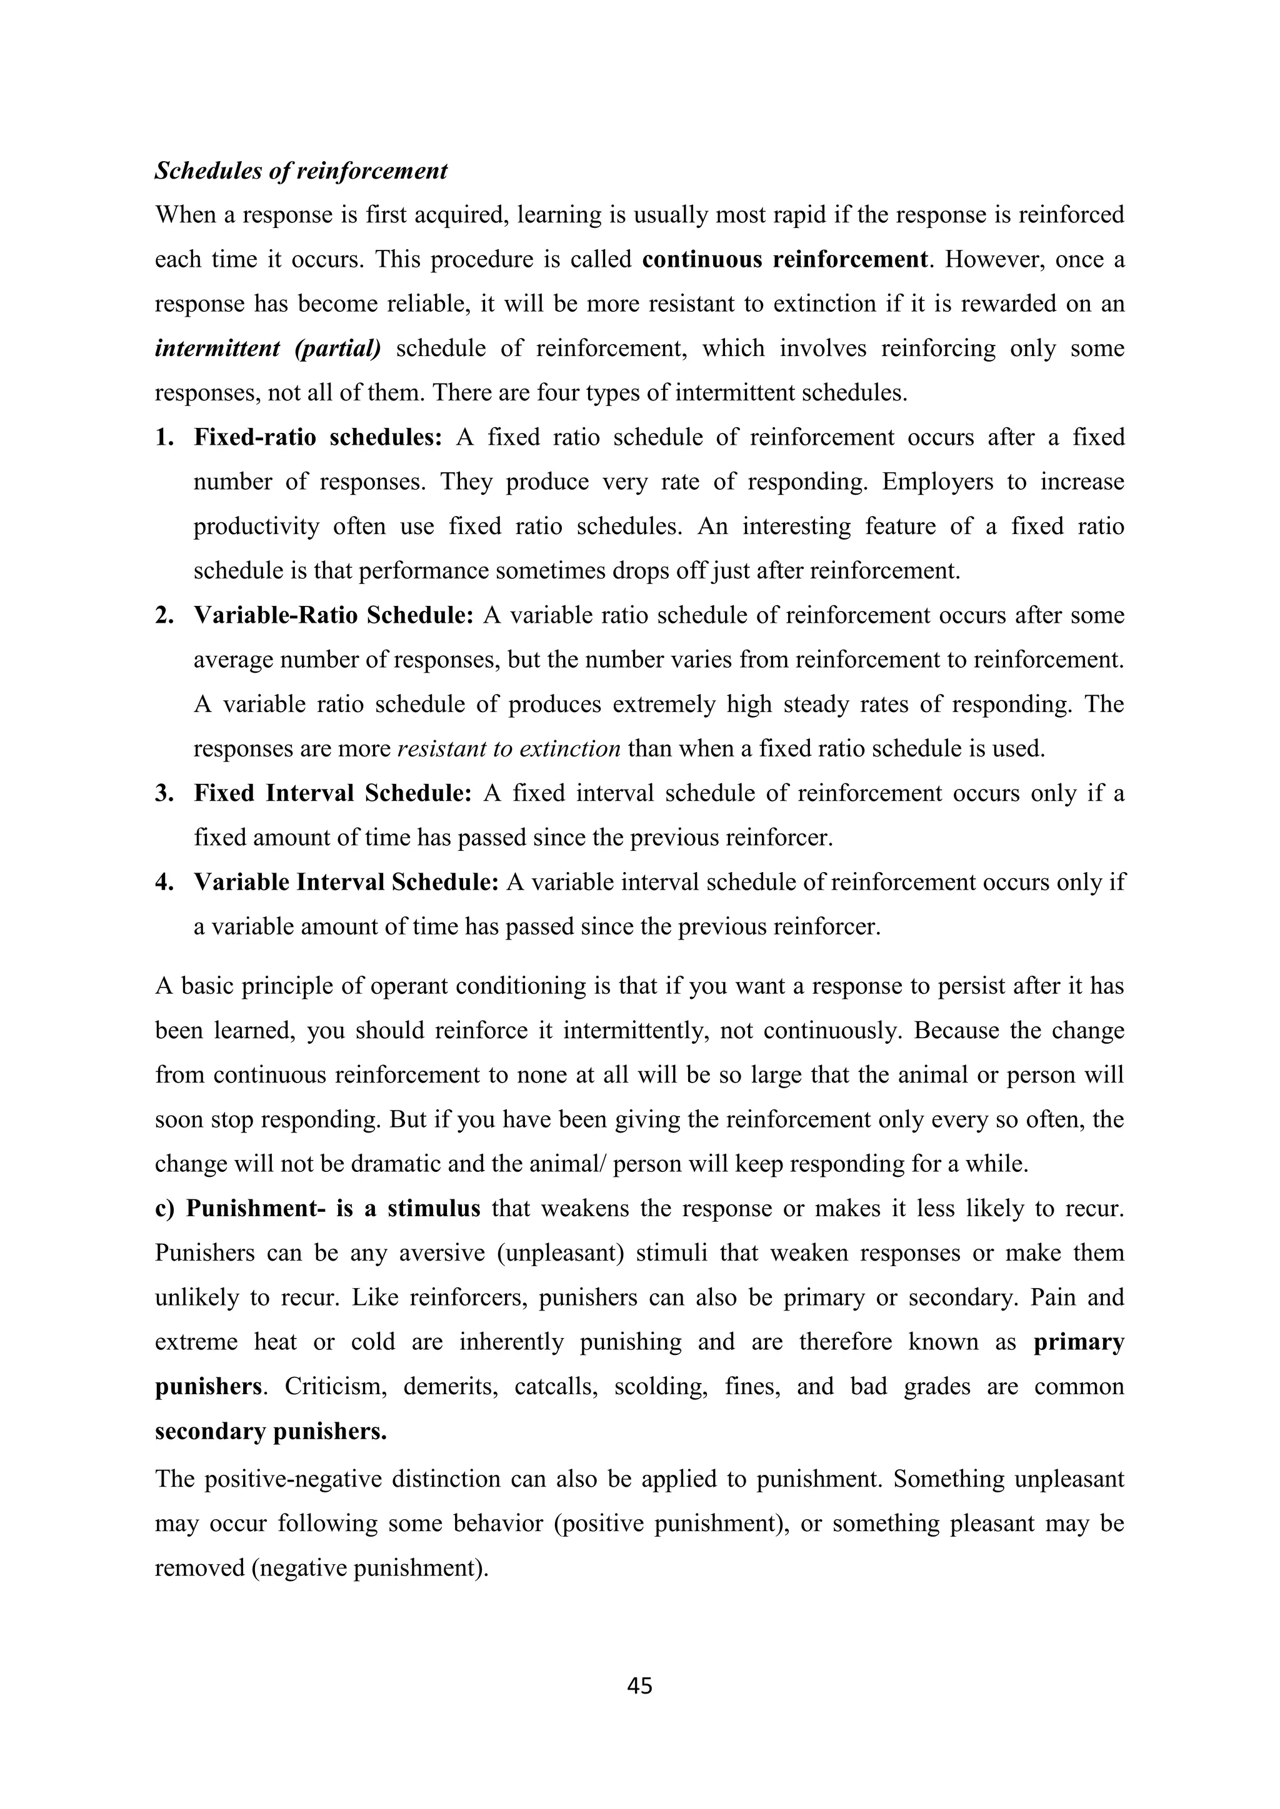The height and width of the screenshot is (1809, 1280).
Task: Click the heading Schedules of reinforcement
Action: coord(301,171)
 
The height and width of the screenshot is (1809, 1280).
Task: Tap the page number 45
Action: coord(639,1686)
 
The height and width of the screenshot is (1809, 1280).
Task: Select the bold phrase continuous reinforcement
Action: coord(784,260)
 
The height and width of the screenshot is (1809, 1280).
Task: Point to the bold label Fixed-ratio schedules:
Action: coord(318,437)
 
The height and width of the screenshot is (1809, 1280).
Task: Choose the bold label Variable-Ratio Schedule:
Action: coord(333,615)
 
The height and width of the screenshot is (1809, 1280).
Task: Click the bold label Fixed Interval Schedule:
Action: coord(332,793)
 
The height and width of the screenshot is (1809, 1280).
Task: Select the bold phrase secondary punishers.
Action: coord(271,1432)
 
